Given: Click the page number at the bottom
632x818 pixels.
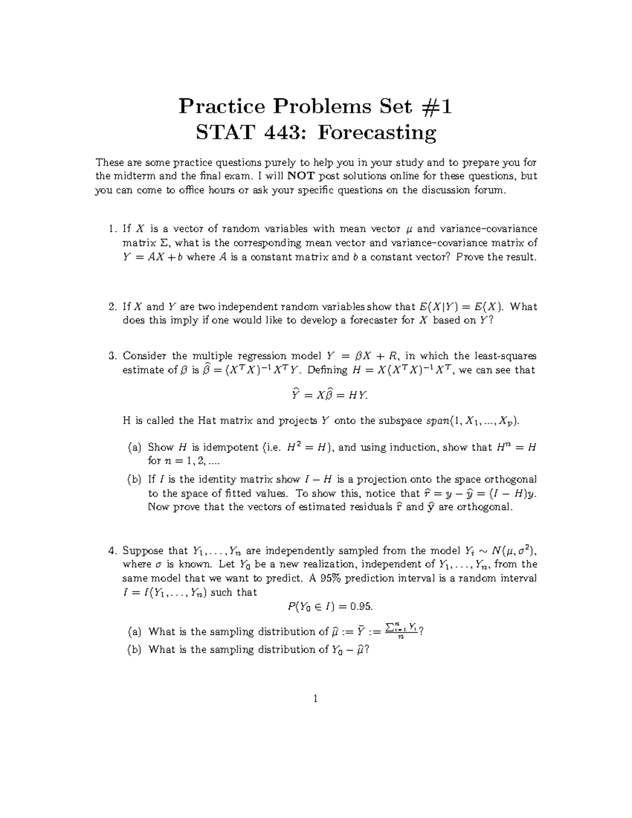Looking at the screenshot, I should [x=315, y=699].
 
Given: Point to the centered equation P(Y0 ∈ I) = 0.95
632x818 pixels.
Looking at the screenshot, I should [x=330, y=607].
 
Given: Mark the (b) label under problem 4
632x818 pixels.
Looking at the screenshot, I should [x=134, y=649].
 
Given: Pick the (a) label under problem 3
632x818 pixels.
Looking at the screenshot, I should [x=134, y=448].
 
